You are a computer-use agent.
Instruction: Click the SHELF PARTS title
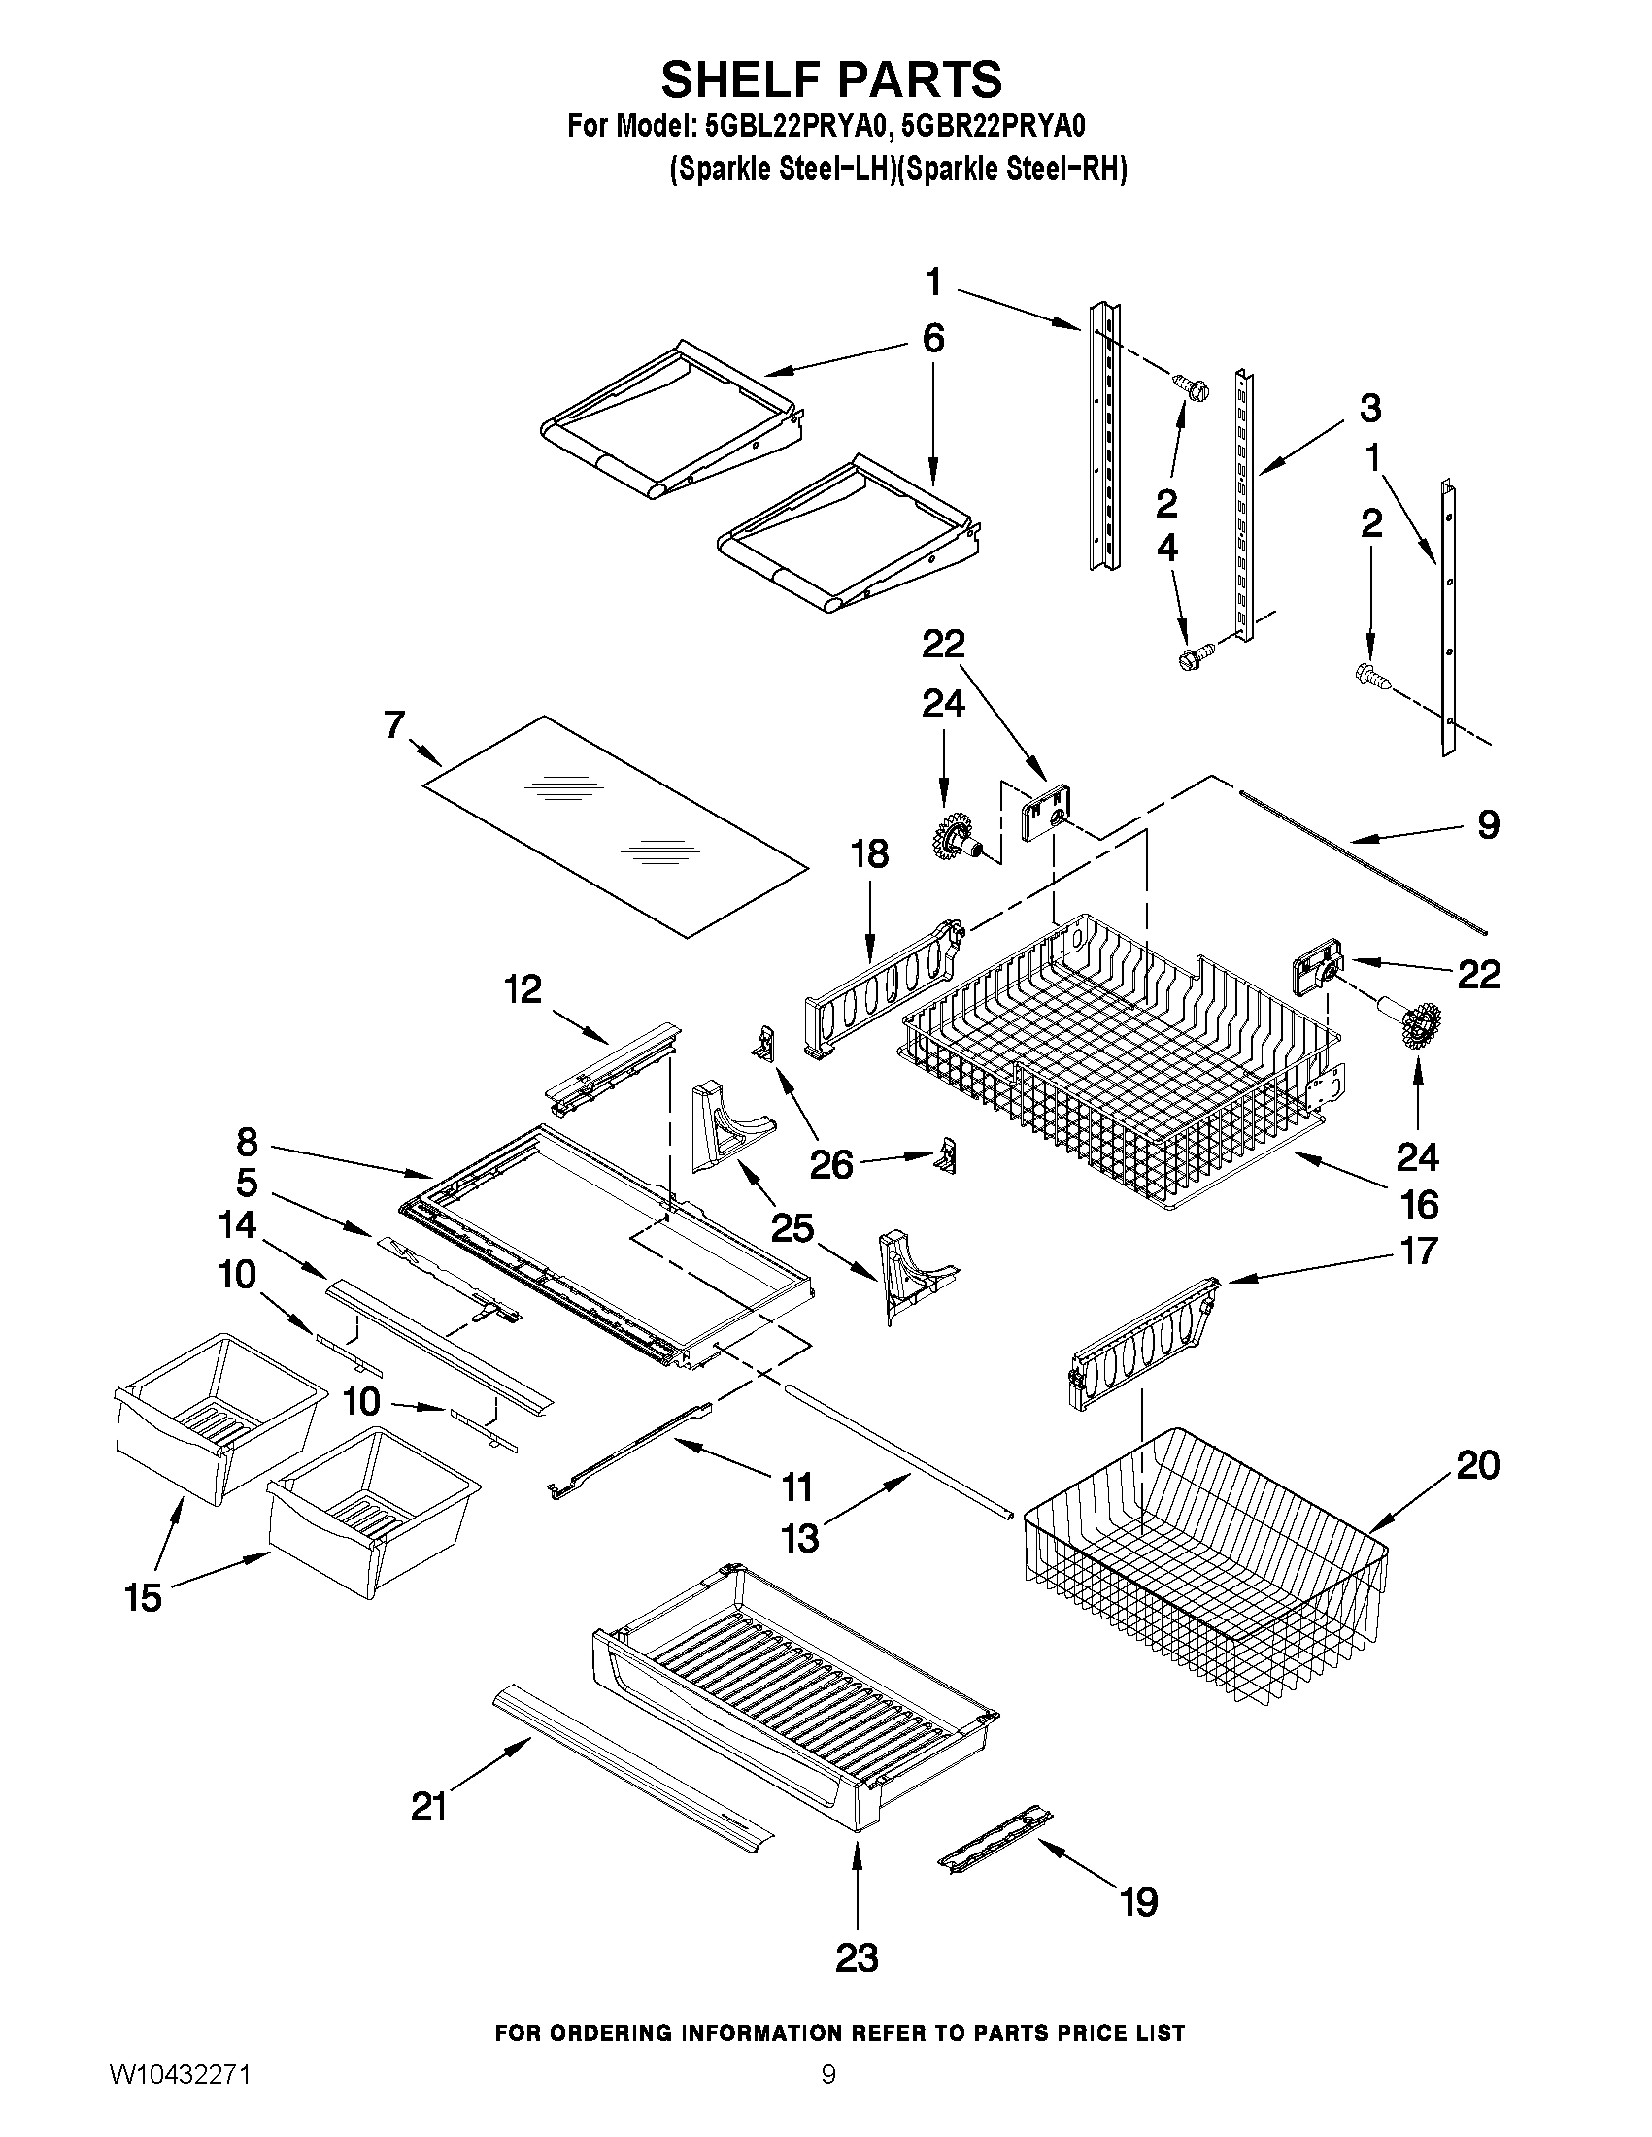click(x=831, y=80)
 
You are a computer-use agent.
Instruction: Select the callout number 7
click(x=394, y=725)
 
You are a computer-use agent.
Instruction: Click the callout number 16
click(x=1419, y=1205)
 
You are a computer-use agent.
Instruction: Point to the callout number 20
click(x=1478, y=1465)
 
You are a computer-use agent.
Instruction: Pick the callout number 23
click(x=857, y=1958)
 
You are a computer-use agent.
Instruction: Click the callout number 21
click(x=428, y=1807)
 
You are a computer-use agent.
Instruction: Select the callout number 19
click(x=1139, y=1902)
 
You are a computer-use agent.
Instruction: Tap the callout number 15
click(x=143, y=1598)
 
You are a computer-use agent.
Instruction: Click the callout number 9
click(x=1488, y=825)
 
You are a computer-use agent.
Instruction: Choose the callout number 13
click(x=799, y=1539)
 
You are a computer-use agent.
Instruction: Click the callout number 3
click(x=1370, y=408)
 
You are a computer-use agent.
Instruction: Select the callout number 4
click(x=1167, y=548)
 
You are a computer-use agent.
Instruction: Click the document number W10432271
click(x=179, y=2098)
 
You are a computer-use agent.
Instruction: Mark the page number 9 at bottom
click(x=828, y=2098)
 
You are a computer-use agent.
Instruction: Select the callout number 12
click(x=523, y=989)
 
